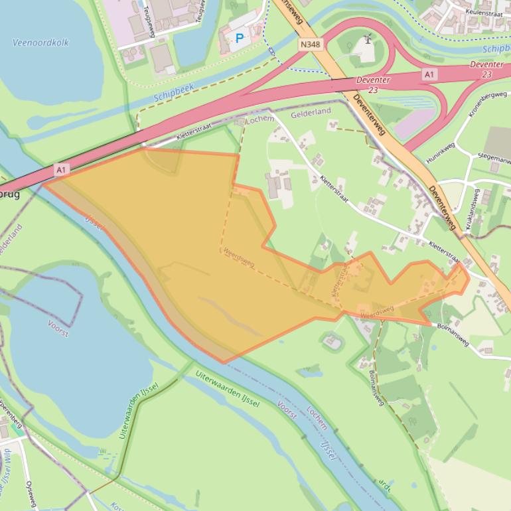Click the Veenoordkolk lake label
[40, 42]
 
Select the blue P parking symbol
[240, 39]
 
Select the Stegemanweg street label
[494, 158]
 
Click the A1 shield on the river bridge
[61, 170]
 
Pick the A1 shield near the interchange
[429, 75]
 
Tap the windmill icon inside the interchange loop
[368, 40]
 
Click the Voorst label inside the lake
[58, 328]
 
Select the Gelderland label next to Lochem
[311, 113]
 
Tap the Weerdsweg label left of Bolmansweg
[377, 311]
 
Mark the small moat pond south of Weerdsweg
[332, 342]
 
